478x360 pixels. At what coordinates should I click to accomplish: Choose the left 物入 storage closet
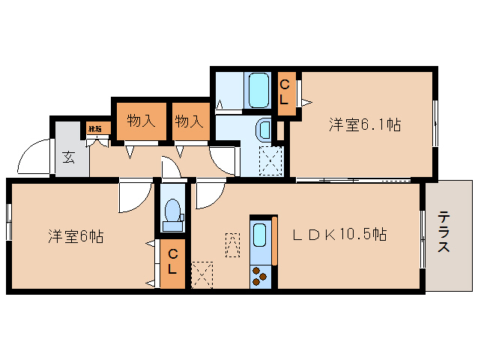[141, 120]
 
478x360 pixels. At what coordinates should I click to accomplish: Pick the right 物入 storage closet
[189, 120]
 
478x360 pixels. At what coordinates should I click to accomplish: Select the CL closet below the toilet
[172, 264]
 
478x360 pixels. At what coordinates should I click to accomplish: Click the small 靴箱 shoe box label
[96, 129]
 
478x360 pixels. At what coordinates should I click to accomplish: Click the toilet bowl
[172, 210]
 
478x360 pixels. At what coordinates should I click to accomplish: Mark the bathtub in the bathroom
[258, 90]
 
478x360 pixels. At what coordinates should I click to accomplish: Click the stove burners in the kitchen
[260, 276]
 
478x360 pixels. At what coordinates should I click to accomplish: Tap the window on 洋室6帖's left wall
[8, 222]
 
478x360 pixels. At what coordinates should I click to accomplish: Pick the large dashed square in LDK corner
[202, 274]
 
